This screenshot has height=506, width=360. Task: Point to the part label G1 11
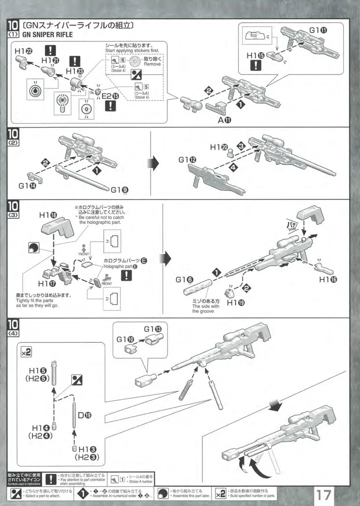(x=318, y=30)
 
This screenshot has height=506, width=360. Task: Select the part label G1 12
(x=187, y=160)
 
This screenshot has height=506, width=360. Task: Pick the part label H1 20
(x=219, y=147)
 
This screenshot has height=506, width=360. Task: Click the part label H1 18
(x=48, y=215)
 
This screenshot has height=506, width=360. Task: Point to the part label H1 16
(x=328, y=279)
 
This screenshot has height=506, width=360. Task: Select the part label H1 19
(x=236, y=303)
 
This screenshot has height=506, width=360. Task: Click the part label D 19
(x=84, y=415)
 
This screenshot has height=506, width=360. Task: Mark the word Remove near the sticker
(x=152, y=64)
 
